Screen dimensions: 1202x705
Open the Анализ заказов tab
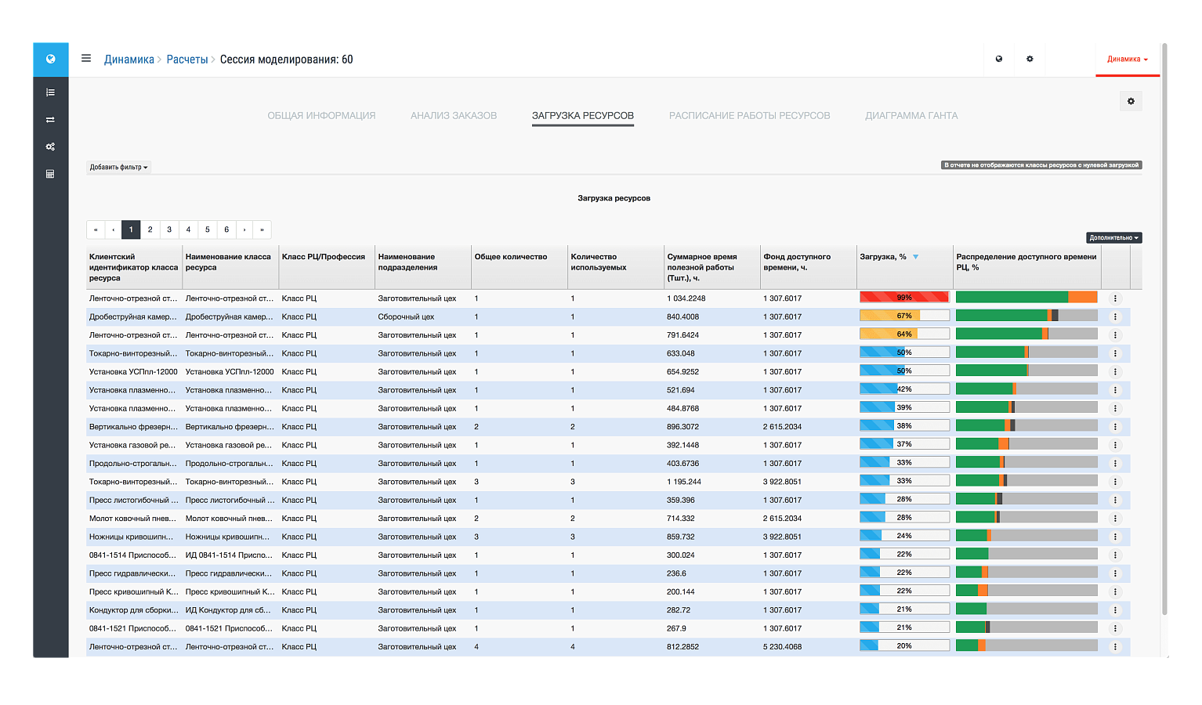(x=454, y=115)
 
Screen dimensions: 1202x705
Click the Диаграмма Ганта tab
(x=911, y=115)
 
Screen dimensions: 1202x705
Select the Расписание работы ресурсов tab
(x=749, y=115)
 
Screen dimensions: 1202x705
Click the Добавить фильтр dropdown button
(x=118, y=167)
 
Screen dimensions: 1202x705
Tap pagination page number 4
(x=188, y=230)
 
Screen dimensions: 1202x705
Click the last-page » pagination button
(x=262, y=230)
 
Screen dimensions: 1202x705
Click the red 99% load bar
(x=904, y=297)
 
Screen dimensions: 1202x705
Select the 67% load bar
(x=904, y=316)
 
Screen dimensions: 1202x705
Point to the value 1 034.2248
(x=686, y=298)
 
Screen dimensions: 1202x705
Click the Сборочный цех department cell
(x=406, y=316)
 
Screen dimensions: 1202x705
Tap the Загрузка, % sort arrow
(x=915, y=257)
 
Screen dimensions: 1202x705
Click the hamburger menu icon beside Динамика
(x=86, y=58)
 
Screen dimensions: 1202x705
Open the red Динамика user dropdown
(x=1128, y=59)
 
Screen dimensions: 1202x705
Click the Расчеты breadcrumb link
(x=186, y=60)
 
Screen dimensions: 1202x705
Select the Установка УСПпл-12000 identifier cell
(x=133, y=372)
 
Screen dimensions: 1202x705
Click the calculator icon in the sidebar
(x=50, y=174)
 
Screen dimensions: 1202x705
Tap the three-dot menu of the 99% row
(x=1115, y=298)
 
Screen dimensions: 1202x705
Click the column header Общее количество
(x=510, y=257)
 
